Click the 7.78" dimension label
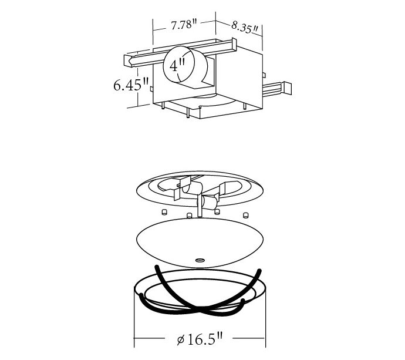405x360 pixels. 184,25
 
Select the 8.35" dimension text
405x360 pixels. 245,28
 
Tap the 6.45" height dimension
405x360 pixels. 131,85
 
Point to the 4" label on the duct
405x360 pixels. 177,65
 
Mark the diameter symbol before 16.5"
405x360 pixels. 181,339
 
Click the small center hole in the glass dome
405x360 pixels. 200,260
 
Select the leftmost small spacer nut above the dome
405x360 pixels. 164,212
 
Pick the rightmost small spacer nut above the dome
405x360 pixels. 245,215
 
